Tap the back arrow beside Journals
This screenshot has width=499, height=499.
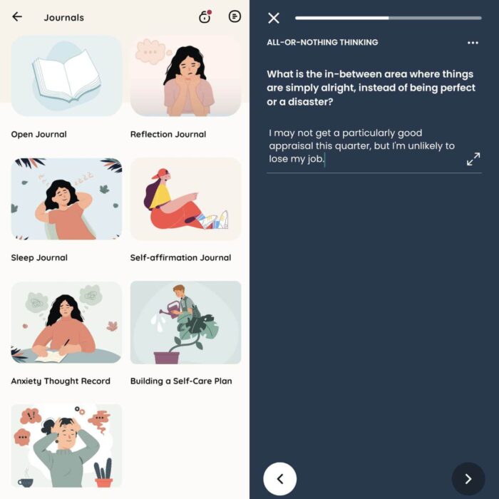click(17, 17)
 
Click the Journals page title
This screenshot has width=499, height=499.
click(63, 18)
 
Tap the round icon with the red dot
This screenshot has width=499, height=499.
click(205, 17)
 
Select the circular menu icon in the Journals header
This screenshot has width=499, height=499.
click(235, 16)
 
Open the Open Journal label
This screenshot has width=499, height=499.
click(38, 134)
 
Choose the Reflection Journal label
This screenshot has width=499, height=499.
click(168, 134)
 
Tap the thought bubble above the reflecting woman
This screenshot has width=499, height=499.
click(150, 50)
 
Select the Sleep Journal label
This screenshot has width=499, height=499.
click(39, 257)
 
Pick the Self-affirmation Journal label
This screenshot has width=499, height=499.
click(180, 257)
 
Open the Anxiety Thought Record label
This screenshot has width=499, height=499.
click(61, 381)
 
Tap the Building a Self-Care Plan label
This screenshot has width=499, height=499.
click(181, 381)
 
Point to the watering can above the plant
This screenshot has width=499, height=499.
click(174, 309)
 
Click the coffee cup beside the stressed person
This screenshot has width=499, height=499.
click(26, 481)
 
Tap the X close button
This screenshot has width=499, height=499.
click(274, 18)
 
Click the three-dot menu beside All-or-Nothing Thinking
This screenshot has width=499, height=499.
click(473, 43)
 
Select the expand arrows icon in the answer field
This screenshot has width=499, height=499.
click(473, 160)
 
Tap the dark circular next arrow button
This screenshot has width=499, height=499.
click(468, 479)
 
